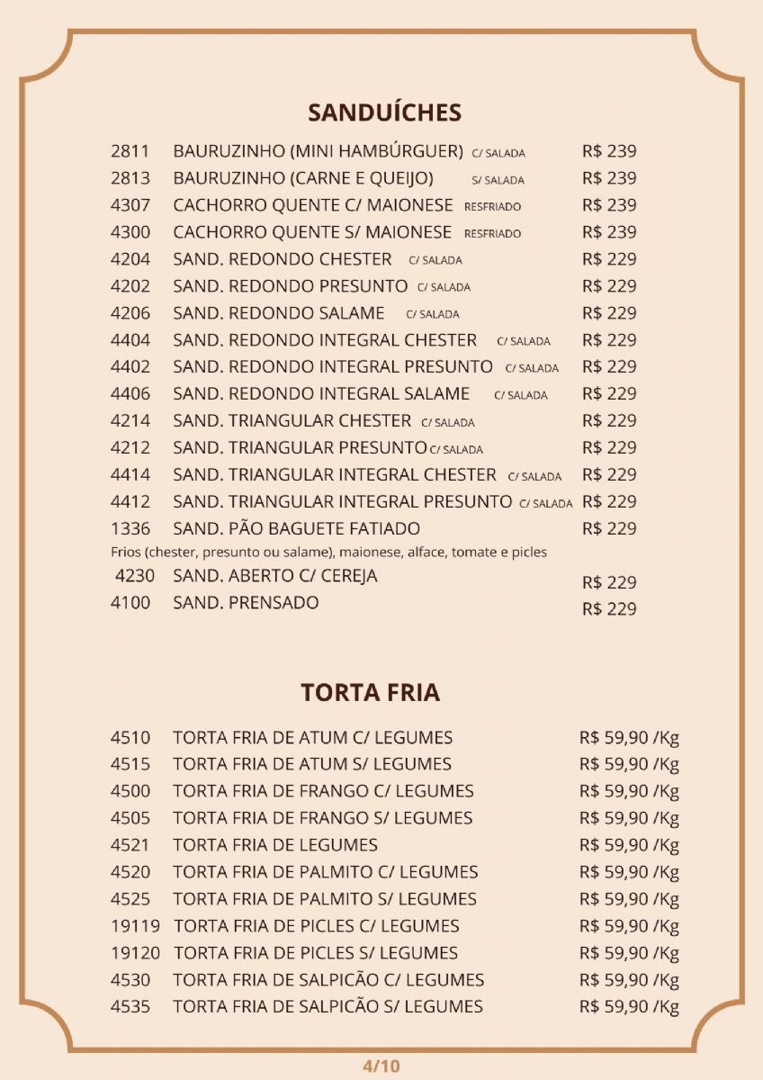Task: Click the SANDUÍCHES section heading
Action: pyautogui.click(x=384, y=112)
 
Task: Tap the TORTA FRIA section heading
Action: pyautogui.click(x=371, y=693)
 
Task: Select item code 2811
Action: pyautogui.click(x=130, y=151)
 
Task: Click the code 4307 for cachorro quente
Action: pyautogui.click(x=130, y=205)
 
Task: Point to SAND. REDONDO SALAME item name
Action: pyautogui.click(x=279, y=313)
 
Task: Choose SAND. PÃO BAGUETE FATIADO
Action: pyautogui.click(x=296, y=528)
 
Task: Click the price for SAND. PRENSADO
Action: pyautogui.click(x=609, y=609)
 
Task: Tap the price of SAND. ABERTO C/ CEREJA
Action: pyautogui.click(x=609, y=582)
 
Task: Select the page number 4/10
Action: pyautogui.click(x=381, y=1066)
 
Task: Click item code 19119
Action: pyautogui.click(x=135, y=926)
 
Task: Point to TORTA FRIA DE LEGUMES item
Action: pyautogui.click(x=275, y=845)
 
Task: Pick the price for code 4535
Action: pyautogui.click(x=629, y=1007)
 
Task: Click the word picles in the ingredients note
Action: pyautogui.click(x=528, y=552)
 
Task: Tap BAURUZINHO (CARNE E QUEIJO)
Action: pyautogui.click(x=303, y=178)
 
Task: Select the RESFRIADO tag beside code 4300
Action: pyautogui.click(x=492, y=234)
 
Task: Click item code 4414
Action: pyautogui.click(x=130, y=474)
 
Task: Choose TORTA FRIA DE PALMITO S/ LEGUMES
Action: pyautogui.click(x=325, y=899)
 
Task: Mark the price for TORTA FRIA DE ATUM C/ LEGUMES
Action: pyautogui.click(x=629, y=739)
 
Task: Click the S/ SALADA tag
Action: pyautogui.click(x=498, y=180)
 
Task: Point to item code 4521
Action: pyautogui.click(x=130, y=845)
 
